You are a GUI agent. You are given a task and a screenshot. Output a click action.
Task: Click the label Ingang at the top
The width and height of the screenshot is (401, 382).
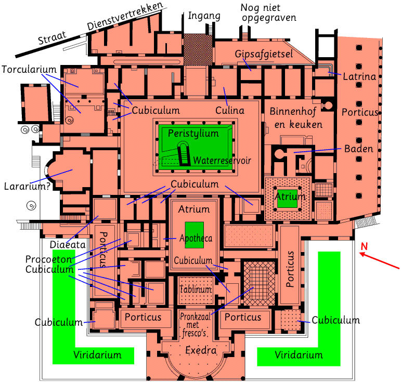point(203,16)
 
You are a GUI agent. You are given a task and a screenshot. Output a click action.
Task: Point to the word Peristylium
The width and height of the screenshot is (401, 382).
point(193,134)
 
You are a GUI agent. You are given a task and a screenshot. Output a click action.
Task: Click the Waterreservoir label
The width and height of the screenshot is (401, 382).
point(222,161)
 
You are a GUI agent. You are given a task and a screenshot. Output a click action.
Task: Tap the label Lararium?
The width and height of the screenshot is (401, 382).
point(27,186)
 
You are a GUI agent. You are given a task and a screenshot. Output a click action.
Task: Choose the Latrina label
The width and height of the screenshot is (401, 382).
point(359,77)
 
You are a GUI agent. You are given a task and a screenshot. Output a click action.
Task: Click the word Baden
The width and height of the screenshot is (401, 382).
point(358,149)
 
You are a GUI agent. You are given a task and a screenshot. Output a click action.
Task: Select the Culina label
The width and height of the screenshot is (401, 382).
point(229,110)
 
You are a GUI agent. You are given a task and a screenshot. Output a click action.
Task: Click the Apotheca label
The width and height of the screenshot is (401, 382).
point(196,239)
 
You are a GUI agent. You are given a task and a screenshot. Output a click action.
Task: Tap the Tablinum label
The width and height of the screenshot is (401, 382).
point(195,289)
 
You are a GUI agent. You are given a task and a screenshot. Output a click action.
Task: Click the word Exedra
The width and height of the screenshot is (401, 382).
point(201,350)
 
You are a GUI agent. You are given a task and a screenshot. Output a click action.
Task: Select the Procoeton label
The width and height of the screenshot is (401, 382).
point(48,259)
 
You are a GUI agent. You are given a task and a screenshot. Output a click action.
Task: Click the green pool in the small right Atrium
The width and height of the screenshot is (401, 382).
point(287,199)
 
